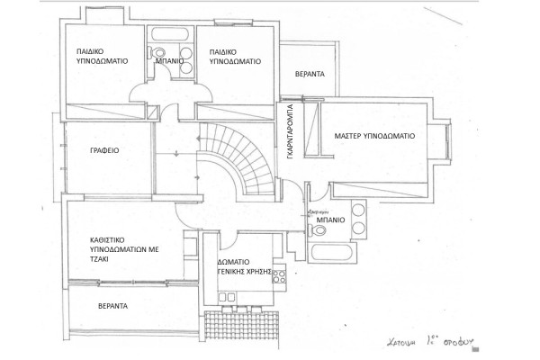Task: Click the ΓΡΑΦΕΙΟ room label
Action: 106,151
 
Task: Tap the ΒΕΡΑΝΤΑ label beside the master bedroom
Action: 310,73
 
